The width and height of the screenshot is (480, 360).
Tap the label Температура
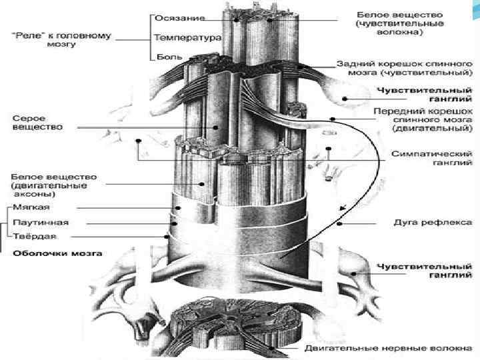(187, 38)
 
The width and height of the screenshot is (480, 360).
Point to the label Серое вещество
(37, 122)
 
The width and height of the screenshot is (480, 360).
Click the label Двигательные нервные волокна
(388, 349)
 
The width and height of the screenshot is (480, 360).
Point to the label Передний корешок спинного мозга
(423, 117)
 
